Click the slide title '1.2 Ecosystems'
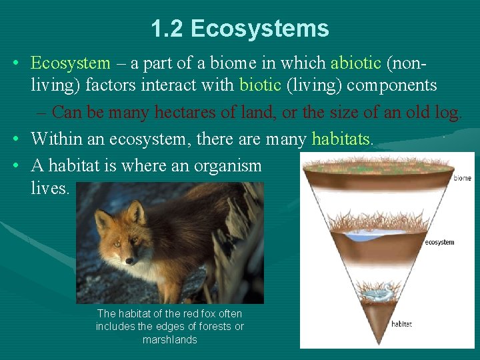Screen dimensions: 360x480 pyautogui.click(x=240, y=29)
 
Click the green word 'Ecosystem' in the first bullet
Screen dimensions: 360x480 pyautogui.click(x=71, y=63)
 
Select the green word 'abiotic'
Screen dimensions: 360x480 pyautogui.click(x=356, y=63)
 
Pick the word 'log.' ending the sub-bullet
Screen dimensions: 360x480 pyautogui.click(x=447, y=112)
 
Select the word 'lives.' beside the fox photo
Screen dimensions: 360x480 pyautogui.click(x=50, y=188)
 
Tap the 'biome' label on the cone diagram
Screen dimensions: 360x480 pyautogui.click(x=462, y=178)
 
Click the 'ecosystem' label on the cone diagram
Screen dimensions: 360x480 pyautogui.click(x=439, y=242)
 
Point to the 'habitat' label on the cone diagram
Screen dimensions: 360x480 pyautogui.click(x=401, y=324)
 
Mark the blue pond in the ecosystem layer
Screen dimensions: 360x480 pyautogui.click(x=373, y=236)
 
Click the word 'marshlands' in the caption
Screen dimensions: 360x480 pyautogui.click(x=170, y=340)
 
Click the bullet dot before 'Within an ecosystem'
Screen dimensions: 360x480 pyautogui.click(x=15, y=139)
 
